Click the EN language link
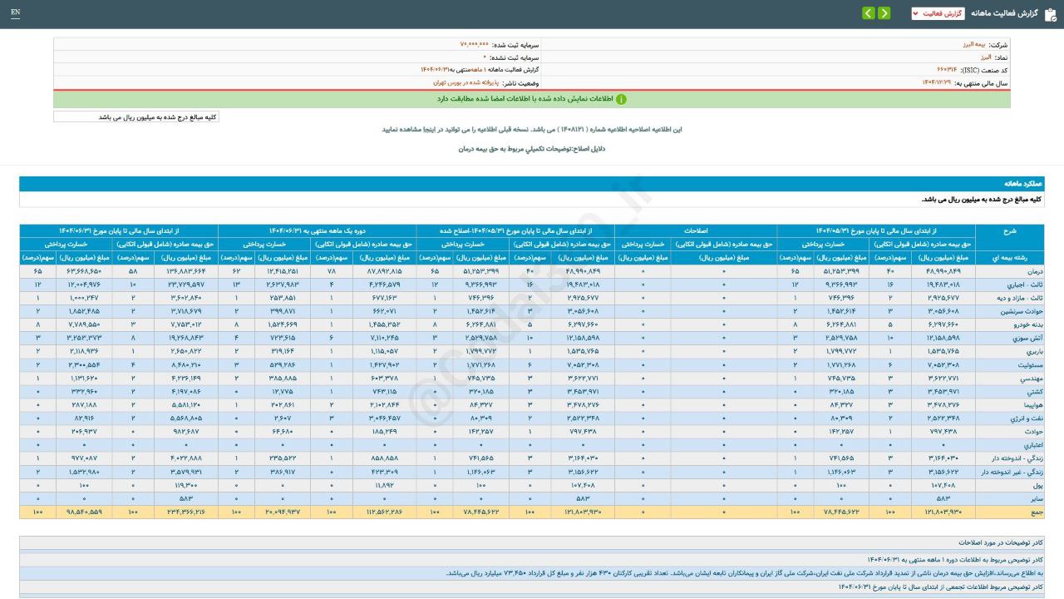pos(16,12)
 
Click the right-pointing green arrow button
pos(868,13)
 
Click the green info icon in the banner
pos(621,99)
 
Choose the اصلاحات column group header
pos(696,230)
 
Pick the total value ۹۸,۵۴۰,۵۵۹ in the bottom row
pos(84,511)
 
